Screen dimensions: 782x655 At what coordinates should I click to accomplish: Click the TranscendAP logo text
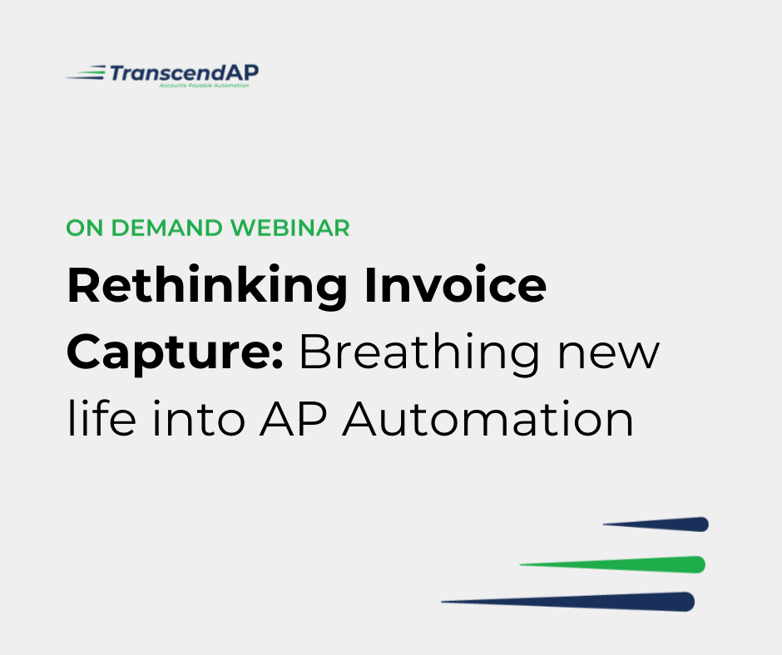point(184,73)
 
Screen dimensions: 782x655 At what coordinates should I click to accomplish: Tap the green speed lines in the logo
point(86,73)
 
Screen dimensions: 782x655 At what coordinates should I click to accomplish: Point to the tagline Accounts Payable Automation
point(204,86)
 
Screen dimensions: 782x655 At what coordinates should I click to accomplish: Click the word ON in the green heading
point(85,229)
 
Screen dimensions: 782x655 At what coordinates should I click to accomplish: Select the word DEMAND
point(166,229)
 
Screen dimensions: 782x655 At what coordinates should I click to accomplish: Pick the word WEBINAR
point(290,229)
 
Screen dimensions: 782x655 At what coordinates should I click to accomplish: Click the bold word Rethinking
point(207,286)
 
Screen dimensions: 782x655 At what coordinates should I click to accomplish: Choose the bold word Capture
point(169,352)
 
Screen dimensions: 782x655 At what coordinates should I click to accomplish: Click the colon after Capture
point(279,357)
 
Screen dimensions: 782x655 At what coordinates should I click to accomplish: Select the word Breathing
point(419,352)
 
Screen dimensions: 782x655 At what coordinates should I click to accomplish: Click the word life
point(101,418)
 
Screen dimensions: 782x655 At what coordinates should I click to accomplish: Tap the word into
point(199,419)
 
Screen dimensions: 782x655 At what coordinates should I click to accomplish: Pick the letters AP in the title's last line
point(293,419)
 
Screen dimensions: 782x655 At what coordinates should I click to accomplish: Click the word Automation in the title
point(488,419)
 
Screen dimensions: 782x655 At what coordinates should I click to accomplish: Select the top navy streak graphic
point(656,524)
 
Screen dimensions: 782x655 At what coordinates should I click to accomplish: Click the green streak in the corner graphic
point(612,564)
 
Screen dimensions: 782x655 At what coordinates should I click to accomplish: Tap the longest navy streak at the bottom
point(568,602)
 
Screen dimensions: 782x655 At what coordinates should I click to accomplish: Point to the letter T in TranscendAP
point(118,73)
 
